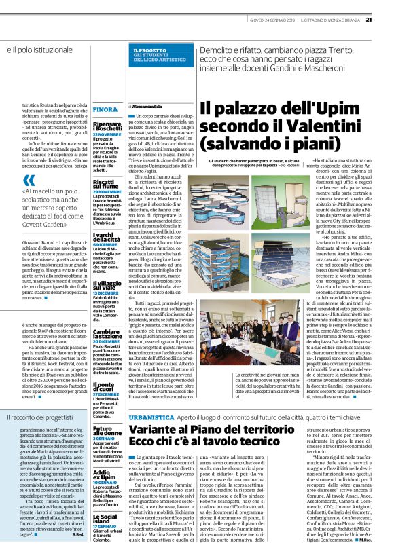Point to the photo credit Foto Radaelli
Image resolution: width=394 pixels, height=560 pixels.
290,164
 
